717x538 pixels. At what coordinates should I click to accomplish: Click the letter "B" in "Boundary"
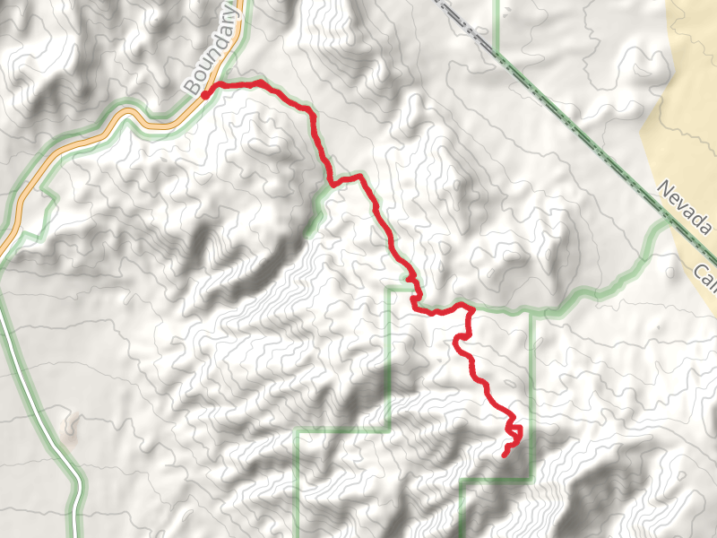point(190,87)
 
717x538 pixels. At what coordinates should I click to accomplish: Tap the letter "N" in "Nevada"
point(663,188)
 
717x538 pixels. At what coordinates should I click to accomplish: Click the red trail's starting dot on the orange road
point(205,93)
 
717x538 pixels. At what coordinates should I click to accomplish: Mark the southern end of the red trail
point(505,455)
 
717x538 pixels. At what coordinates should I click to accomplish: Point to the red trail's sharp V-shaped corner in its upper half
point(333,183)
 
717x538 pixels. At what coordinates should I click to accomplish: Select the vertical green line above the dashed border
point(497,22)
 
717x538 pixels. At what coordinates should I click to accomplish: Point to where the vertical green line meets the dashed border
point(497,49)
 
